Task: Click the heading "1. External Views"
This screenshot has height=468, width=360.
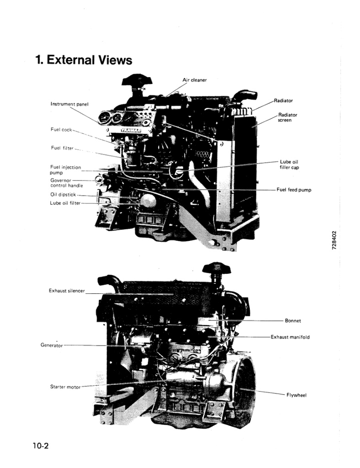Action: coord(84,60)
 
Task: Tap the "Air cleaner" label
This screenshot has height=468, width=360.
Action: coord(194,80)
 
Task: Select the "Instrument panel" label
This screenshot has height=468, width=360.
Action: coord(69,104)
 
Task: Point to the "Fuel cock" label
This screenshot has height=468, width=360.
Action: coord(61,129)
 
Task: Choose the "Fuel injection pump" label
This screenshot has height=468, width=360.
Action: coord(65,170)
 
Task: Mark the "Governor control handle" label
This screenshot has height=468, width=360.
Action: coord(67,183)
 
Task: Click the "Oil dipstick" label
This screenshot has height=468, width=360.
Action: coord(64,194)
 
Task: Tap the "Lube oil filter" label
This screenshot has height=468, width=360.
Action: coord(65,203)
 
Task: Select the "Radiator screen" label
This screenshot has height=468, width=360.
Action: coord(288,117)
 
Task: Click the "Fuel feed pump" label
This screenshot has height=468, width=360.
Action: coord(294,190)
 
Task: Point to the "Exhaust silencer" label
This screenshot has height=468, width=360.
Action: coord(67,291)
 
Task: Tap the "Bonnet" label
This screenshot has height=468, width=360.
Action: coord(293,321)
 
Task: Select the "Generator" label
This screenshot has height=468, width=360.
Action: coord(52,346)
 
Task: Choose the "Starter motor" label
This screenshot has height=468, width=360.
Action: coord(65,387)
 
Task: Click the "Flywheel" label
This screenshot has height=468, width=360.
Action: coord(296,395)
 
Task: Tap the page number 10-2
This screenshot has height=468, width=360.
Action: coord(40,446)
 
